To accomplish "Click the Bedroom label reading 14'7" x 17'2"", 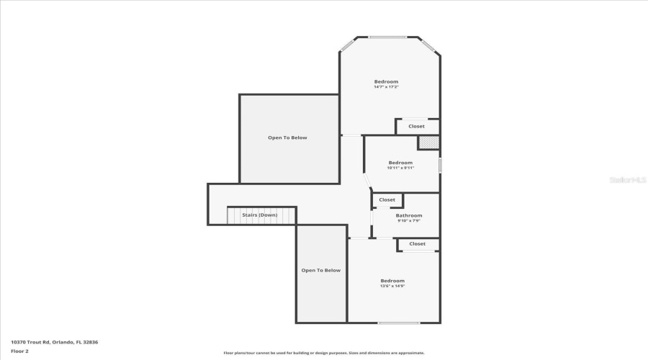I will click(x=386, y=81).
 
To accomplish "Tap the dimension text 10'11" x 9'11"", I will click(x=400, y=168).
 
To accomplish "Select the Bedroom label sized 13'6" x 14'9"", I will click(x=392, y=281).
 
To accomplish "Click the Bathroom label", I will click(x=408, y=215).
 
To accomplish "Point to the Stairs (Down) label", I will click(x=259, y=215).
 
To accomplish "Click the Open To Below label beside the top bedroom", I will click(x=287, y=138).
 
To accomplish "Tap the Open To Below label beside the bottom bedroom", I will click(x=320, y=270).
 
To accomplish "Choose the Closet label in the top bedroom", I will click(x=416, y=127).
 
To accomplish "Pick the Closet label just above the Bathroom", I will click(x=387, y=199).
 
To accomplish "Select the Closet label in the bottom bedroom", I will click(x=417, y=244).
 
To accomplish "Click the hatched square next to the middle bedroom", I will click(x=428, y=143).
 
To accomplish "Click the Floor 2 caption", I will click(x=19, y=351).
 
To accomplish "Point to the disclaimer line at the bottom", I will click(x=323, y=353).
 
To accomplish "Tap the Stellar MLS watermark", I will click(x=628, y=180).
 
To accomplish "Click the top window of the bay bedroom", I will click(x=387, y=37).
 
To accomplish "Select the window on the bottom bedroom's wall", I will click(x=398, y=323).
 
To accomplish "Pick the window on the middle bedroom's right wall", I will click(x=440, y=165).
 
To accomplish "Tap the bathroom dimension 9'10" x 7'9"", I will click(x=408, y=221).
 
